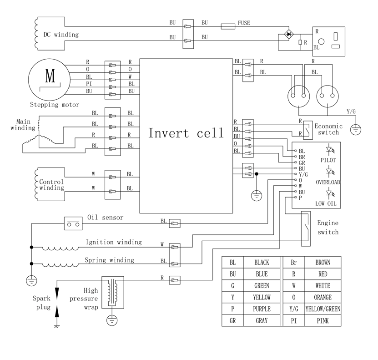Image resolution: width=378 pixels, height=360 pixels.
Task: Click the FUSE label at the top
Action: tap(243, 23)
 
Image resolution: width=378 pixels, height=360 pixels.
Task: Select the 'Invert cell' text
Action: tap(186, 133)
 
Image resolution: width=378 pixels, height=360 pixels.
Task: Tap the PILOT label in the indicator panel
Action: tap(328, 161)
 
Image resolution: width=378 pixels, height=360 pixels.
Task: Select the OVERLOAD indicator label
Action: tap(328, 182)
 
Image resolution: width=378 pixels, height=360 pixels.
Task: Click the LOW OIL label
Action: tap(326, 203)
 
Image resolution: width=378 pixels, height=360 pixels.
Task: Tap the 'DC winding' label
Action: tap(61, 34)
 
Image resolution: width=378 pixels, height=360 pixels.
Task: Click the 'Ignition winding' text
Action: tap(114, 242)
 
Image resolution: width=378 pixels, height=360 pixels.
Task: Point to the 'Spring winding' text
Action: tap(109, 260)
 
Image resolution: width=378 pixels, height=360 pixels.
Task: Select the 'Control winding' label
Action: tap(51, 185)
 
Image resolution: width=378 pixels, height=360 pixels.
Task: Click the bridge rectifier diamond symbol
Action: tap(288, 34)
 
